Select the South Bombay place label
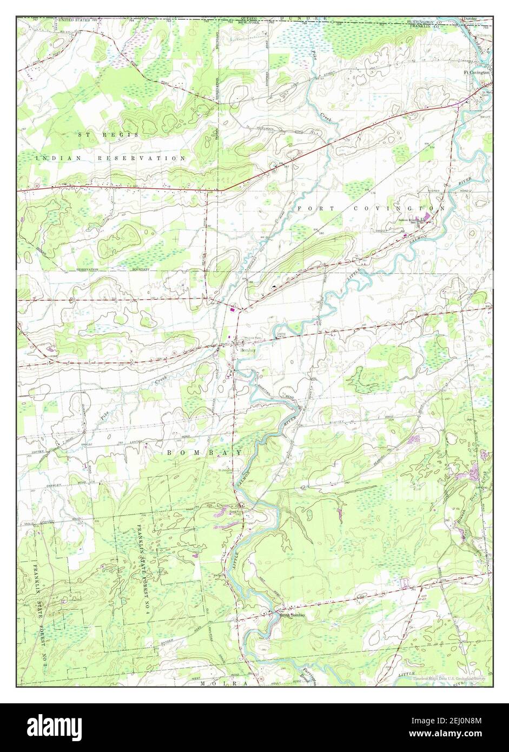pyautogui.click(x=292, y=615)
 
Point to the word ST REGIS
pyautogui.click(x=108, y=134)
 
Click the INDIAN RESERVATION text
pyautogui.click(x=111, y=158)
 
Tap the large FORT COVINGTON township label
pyautogui.click(x=370, y=208)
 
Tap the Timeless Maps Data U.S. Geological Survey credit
pyautogui.click(x=449, y=678)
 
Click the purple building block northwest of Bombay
pyautogui.click(x=233, y=309)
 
